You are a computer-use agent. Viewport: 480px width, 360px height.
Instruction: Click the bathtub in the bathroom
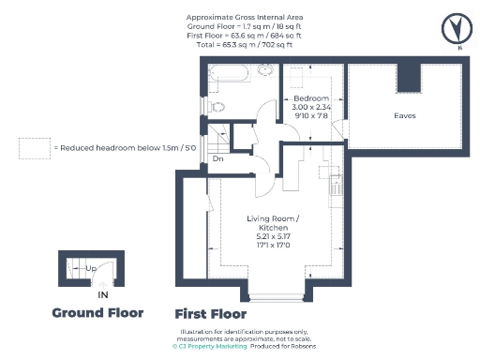point(230,72)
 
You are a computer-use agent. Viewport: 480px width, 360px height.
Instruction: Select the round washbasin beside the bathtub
point(265,72)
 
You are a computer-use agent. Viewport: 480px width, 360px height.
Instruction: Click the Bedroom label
point(311,98)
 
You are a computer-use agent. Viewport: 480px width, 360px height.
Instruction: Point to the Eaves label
point(405,115)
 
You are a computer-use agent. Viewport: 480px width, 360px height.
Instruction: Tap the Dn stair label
point(217,158)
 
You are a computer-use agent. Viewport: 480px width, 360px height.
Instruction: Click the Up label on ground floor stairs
point(91,269)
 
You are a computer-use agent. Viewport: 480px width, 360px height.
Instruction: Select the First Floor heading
point(211,314)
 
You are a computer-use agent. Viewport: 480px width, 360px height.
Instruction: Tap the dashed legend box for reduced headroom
point(35,148)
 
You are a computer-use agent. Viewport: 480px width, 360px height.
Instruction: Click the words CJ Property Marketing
point(212,347)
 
